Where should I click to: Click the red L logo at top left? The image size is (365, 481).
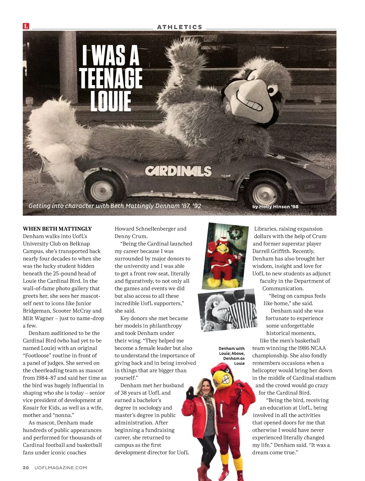pyautogui.click(x=26, y=26)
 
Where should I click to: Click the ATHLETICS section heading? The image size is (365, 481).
pyautogui.click(x=179, y=27)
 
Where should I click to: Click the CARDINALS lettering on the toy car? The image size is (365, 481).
pyautogui.click(x=178, y=171)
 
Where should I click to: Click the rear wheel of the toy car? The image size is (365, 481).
pyautogui.click(x=101, y=190)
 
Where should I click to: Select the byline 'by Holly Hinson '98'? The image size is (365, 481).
pyautogui.click(x=275, y=207)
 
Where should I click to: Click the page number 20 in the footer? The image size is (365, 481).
pyautogui.click(x=26, y=468)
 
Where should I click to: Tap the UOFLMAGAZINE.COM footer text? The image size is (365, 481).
pyautogui.click(x=61, y=468)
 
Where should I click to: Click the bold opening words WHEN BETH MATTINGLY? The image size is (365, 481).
pyautogui.click(x=57, y=229)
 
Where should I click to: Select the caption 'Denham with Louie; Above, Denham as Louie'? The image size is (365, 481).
pyautogui.click(x=232, y=356)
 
